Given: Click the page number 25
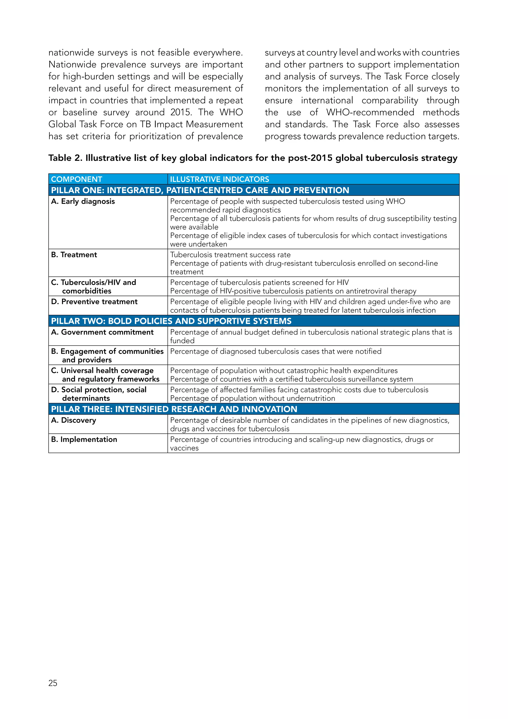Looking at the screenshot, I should coord(53,683).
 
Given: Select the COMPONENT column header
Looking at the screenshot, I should coord(77,179).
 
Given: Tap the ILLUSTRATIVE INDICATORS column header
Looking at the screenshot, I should coord(219,179).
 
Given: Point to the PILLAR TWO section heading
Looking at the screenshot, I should coord(171,321).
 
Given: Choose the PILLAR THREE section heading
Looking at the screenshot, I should coord(174,409).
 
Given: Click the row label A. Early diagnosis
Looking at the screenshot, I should coord(83,201).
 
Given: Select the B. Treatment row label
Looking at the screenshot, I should coord(74,254).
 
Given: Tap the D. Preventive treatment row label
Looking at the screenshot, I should coord(94,302).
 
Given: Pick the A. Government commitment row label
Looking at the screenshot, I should coord(102,332).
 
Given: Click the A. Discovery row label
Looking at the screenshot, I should coord(73,420).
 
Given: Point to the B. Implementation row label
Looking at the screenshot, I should coord(84,439).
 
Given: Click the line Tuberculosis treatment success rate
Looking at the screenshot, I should coord(230,254).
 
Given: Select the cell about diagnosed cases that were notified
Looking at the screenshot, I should coord(276,351).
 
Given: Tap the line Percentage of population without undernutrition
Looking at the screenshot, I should coord(253,398).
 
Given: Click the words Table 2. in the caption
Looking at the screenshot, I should coord(65,158).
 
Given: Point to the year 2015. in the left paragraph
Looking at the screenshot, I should coord(181,112).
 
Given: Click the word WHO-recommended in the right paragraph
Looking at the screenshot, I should coord(370,112).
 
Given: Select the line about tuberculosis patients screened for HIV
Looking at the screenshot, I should coord(259,283).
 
